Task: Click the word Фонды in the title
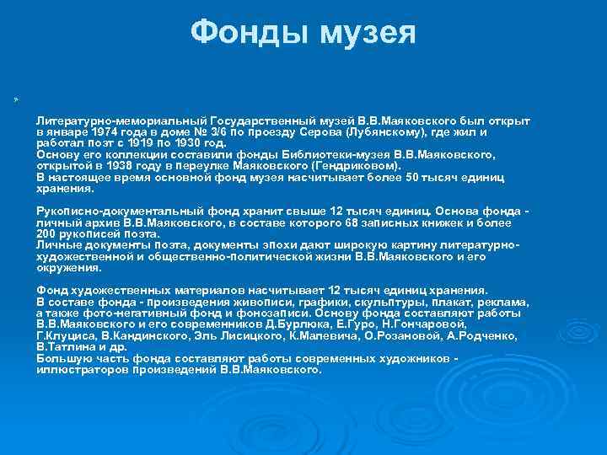coord(247,33)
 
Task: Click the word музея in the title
coord(365,35)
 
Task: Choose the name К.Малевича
coord(309,335)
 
